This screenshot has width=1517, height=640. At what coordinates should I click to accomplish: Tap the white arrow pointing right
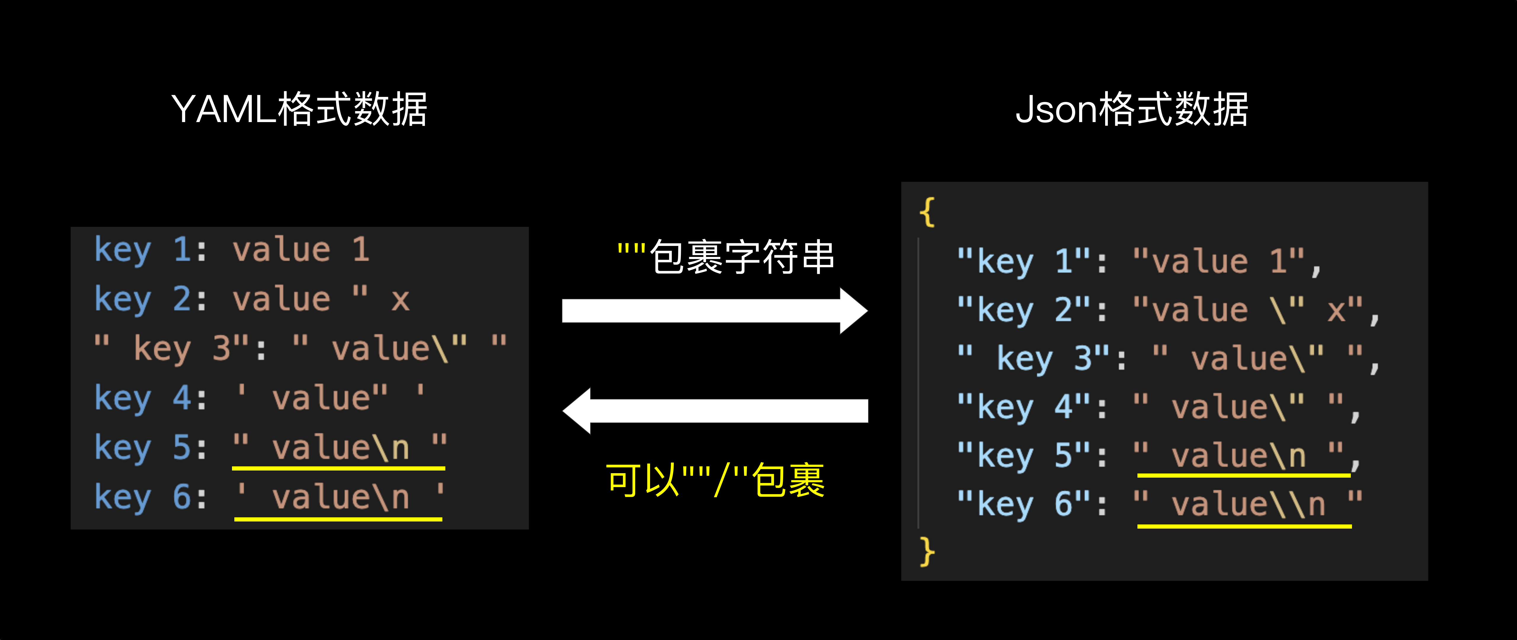coord(714,311)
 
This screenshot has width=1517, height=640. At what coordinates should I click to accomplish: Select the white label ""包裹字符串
coord(726,257)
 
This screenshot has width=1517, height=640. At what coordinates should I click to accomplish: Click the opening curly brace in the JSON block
coord(927,212)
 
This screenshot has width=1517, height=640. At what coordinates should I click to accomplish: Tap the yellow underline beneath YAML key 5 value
coord(339,468)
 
